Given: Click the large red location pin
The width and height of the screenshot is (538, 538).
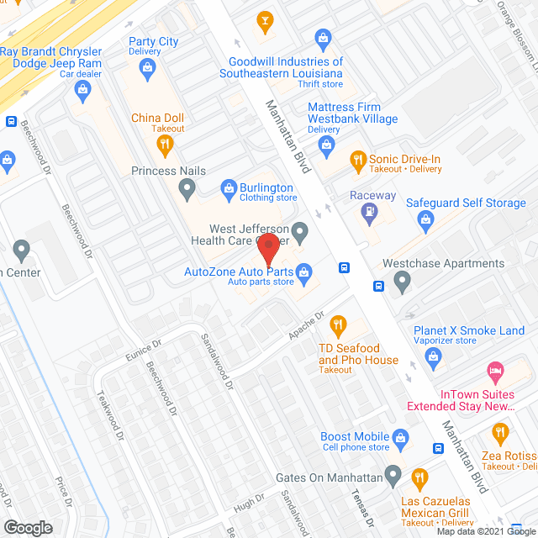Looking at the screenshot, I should (x=268, y=250).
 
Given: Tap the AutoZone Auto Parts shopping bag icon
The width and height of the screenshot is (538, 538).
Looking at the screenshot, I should (x=304, y=272).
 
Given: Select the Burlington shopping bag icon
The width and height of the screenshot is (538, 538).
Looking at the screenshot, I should (x=226, y=187).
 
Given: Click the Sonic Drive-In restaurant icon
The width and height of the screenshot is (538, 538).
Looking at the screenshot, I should (x=357, y=160).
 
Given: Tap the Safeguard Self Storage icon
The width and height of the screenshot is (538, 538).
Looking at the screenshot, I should (x=425, y=220).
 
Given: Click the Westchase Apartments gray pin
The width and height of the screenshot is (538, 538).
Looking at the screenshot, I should (x=403, y=281).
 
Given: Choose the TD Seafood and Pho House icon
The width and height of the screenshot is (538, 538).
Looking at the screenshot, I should (x=338, y=324).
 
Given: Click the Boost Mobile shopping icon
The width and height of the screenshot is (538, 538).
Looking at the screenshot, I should (x=401, y=437).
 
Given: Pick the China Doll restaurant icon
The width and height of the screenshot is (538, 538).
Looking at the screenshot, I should (x=165, y=144).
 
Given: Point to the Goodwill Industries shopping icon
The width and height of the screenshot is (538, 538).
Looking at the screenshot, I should (x=322, y=38).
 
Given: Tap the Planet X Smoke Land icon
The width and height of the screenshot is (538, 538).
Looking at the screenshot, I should (x=434, y=358).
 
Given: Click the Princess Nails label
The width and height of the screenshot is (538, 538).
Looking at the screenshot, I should (x=168, y=171).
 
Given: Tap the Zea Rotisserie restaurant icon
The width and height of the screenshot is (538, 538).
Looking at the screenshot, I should (x=500, y=433).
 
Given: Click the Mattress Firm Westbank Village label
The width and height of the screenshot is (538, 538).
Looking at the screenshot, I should (x=344, y=113).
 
